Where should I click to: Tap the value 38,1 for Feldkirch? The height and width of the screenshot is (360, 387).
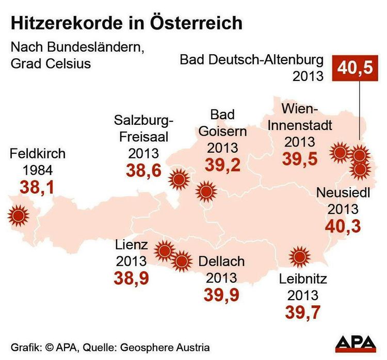pos(37,188)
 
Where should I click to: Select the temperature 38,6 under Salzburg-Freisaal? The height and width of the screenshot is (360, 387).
pos(143,170)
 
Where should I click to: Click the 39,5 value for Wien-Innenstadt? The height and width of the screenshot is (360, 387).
pos(299,158)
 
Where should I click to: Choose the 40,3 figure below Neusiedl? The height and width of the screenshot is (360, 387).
pos(343,225)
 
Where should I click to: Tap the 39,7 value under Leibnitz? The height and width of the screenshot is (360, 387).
pos(302,312)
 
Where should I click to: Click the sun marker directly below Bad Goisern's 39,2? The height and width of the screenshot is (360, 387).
pos(207,192)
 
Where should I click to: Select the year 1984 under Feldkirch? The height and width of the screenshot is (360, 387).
pos(37,170)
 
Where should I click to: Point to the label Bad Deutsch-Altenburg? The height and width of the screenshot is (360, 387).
pos(251,60)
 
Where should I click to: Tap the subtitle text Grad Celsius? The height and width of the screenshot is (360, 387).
pos(49,64)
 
